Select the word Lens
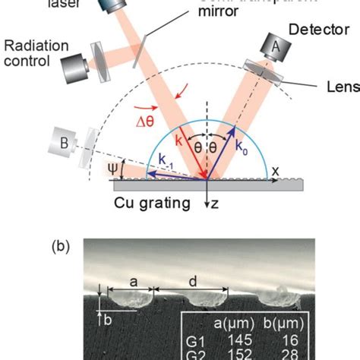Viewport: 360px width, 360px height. click(x=343, y=87)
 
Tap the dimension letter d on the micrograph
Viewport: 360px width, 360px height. click(x=193, y=280)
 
